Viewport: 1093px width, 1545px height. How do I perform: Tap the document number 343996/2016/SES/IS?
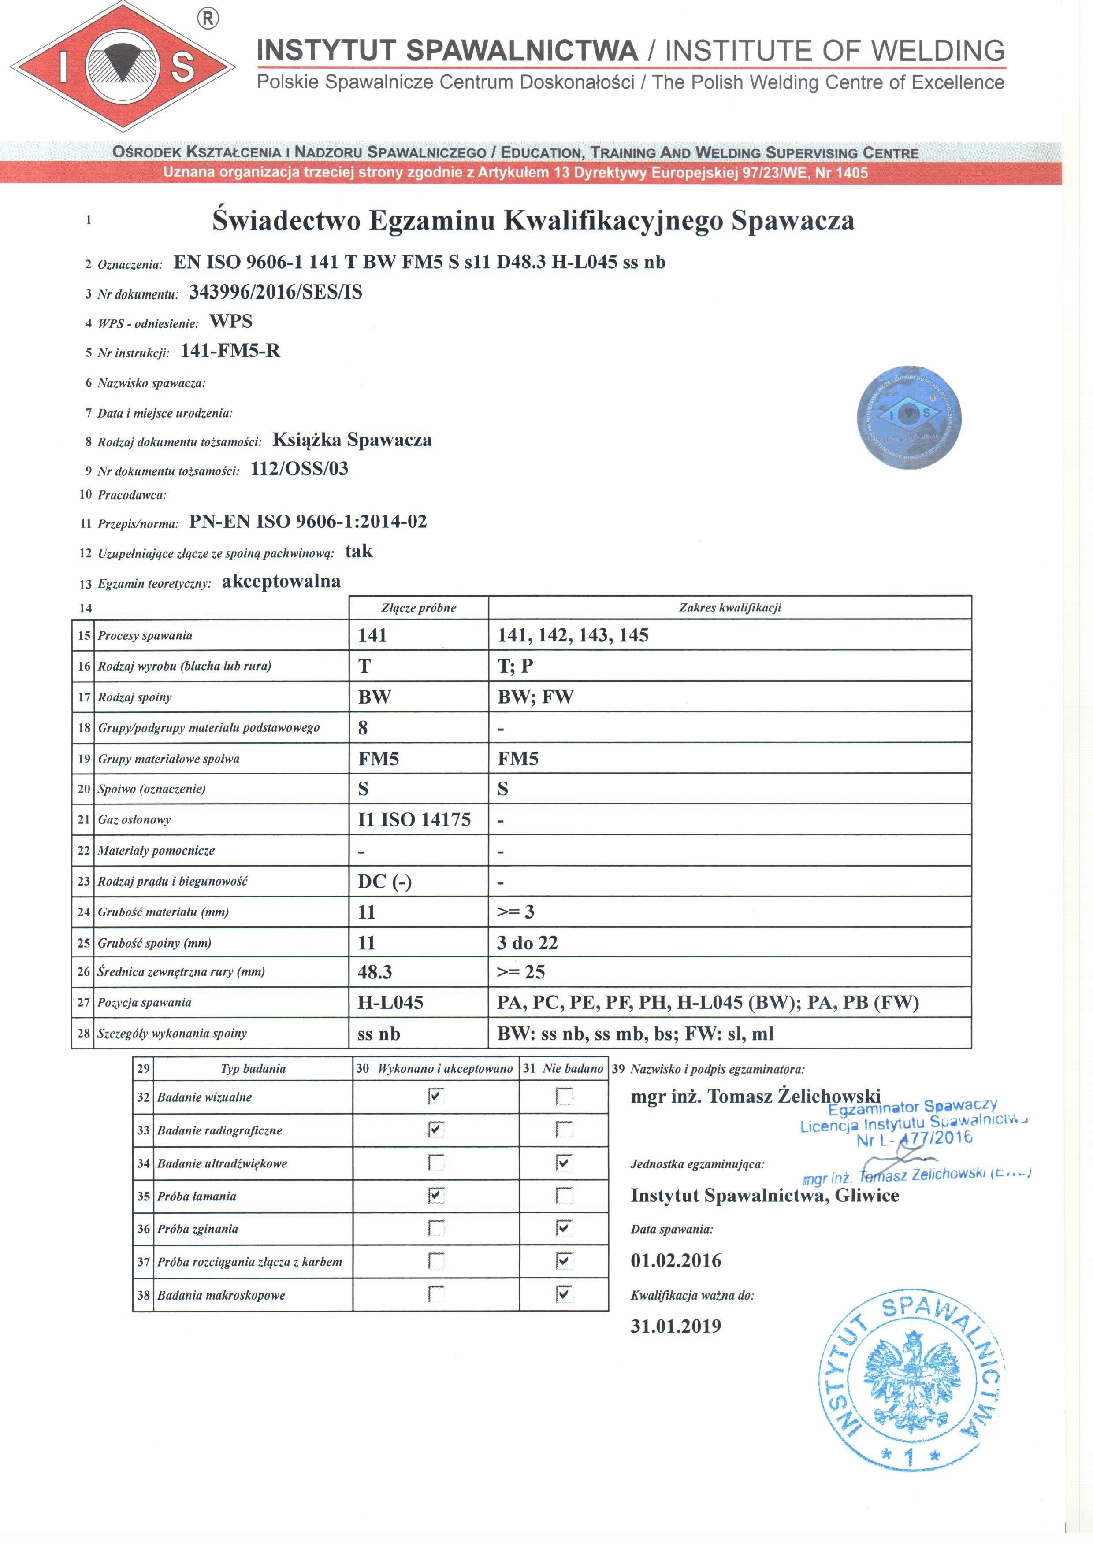275,292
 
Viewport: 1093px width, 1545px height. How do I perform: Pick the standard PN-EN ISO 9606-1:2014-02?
308,522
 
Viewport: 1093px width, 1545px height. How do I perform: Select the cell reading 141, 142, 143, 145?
573,635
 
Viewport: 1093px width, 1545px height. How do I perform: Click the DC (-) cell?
384,882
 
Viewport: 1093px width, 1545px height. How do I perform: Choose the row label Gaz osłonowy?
134,819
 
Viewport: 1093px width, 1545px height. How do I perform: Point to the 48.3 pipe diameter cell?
375,972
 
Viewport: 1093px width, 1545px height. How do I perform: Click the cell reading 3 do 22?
527,943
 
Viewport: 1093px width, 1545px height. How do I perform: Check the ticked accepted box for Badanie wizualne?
436,1097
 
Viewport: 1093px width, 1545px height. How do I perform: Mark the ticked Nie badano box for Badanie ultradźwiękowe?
565,1163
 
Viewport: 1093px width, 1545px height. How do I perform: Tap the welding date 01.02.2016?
676,1261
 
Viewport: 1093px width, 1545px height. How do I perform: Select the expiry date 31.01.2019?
676,1326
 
